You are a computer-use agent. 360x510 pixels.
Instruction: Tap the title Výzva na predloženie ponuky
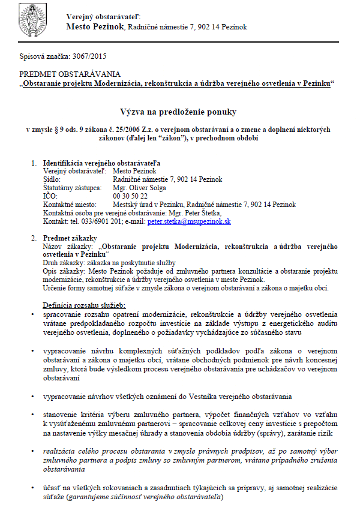tap(180, 112)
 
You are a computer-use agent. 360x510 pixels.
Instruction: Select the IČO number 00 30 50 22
tap(130, 196)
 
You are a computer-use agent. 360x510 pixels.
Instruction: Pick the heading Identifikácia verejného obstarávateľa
tap(101, 163)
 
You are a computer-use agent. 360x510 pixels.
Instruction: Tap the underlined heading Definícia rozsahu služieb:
tap(83, 305)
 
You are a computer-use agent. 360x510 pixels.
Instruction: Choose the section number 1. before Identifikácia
tap(34, 163)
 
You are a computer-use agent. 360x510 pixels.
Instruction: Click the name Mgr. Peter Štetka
tap(195, 213)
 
